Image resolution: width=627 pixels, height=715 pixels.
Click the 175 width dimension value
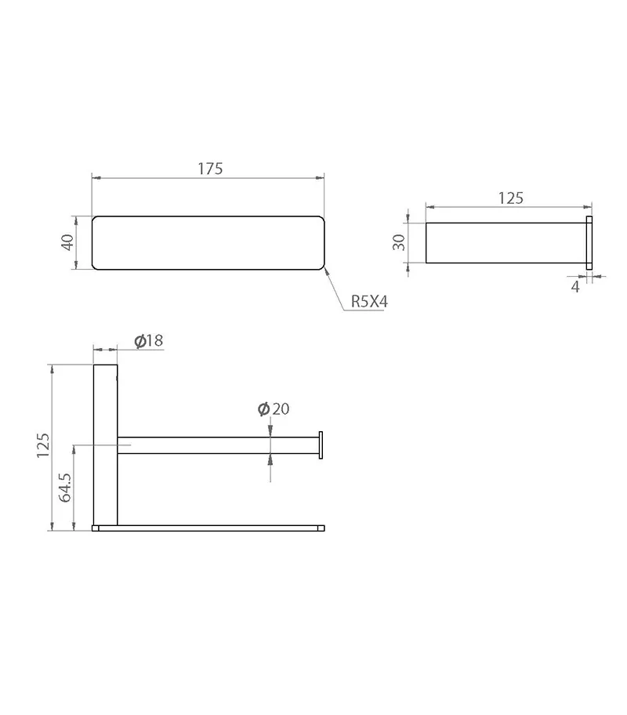click(210, 169)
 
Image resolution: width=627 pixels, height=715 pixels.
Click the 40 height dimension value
click(67, 242)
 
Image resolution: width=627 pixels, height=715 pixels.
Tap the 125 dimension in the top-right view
click(510, 198)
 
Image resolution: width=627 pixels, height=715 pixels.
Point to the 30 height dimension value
click(398, 242)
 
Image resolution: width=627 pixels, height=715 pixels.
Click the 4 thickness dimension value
click(575, 287)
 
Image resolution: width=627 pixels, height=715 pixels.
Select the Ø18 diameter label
click(148, 340)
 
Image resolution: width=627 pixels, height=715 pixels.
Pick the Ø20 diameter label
click(274, 408)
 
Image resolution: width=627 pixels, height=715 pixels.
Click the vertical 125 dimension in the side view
click(42, 445)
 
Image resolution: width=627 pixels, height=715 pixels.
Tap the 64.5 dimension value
click(66, 486)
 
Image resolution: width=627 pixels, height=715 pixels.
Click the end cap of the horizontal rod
click(321, 445)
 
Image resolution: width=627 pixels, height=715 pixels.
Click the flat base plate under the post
click(208, 528)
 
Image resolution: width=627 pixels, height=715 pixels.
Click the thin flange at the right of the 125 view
click(589, 242)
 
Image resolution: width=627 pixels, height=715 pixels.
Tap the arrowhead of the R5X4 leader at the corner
click(324, 269)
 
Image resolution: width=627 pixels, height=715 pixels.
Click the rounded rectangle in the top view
click(208, 242)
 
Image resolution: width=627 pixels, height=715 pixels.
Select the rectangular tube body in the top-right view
click(506, 242)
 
